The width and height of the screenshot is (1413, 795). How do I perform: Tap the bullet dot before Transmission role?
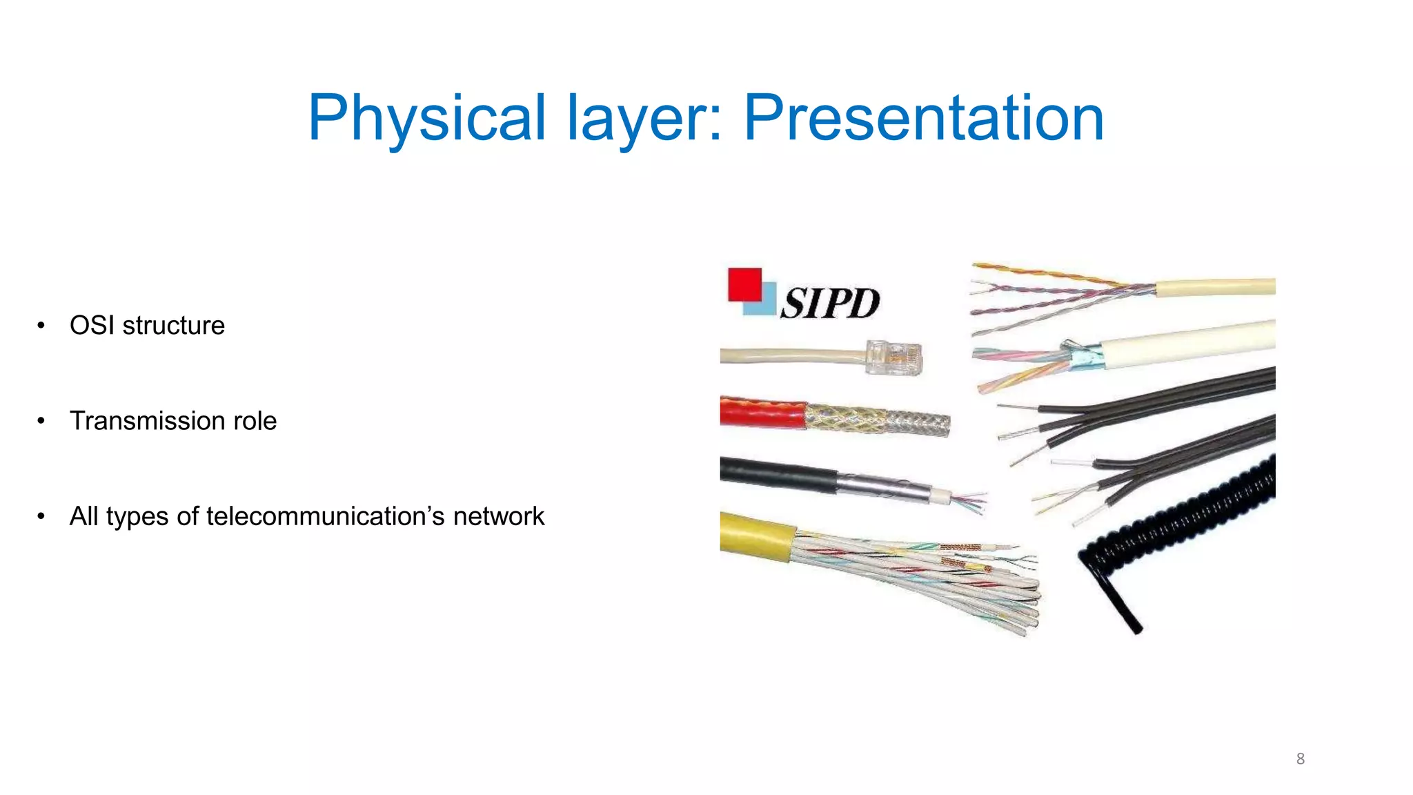pyautogui.click(x=41, y=421)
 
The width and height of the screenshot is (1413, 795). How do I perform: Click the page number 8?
pyautogui.click(x=1300, y=759)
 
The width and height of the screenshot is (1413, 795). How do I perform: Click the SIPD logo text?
pyautogui.click(x=830, y=303)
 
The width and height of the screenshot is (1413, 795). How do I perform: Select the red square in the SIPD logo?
pyautogui.click(x=744, y=284)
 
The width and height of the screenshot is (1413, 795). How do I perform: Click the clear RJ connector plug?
pyautogui.click(x=894, y=357)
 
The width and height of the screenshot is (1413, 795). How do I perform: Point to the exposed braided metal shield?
pyautogui.click(x=876, y=419)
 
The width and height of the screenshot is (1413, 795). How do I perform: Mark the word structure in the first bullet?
pyautogui.click(x=173, y=326)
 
